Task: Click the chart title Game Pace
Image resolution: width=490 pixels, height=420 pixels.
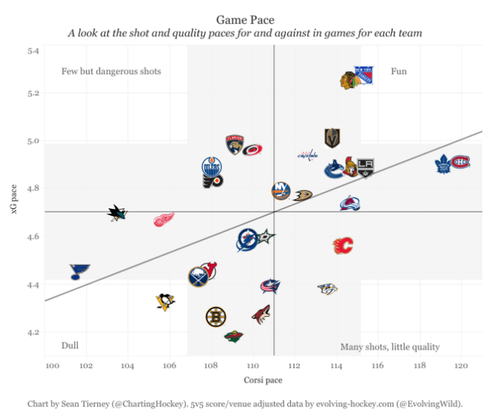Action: point(245,19)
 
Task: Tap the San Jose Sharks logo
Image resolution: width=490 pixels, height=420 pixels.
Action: point(117,213)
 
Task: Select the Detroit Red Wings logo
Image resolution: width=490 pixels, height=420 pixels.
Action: point(164,219)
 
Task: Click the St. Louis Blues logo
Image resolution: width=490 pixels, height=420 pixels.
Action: point(79,272)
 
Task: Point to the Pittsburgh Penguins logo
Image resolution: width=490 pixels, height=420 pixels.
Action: point(166,301)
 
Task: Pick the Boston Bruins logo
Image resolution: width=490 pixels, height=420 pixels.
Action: point(216,316)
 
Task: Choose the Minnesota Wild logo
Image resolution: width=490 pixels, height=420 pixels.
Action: point(233,336)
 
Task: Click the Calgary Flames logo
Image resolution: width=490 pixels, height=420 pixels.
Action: point(342,246)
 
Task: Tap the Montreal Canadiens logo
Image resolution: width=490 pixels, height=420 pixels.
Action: point(461,162)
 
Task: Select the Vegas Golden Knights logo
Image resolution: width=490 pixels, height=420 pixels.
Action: point(332,138)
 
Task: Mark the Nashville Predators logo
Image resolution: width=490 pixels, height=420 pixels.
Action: point(328,289)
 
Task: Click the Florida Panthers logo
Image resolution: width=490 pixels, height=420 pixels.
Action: point(234,144)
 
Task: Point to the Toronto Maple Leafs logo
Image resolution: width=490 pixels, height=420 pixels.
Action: point(443,165)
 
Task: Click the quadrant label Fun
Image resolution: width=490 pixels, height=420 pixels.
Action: point(399,71)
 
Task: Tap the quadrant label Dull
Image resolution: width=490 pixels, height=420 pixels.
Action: point(70,346)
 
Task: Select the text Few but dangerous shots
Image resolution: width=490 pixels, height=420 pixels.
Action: point(111,71)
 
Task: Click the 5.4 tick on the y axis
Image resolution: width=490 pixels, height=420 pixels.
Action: point(33,51)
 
